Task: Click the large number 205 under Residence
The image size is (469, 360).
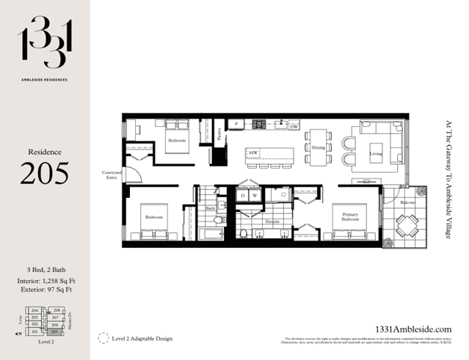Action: point(44,173)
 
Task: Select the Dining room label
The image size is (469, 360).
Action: point(318,147)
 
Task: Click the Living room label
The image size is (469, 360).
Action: point(376,154)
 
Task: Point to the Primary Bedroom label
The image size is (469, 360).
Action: point(350,217)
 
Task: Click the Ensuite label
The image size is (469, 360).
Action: point(272,220)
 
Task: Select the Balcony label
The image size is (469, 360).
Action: point(407,202)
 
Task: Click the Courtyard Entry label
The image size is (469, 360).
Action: point(112,175)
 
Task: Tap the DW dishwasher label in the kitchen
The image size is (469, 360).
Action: point(294,127)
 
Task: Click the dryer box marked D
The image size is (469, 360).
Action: point(243,196)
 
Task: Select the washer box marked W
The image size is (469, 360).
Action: point(255,196)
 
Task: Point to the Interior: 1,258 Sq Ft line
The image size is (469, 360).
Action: point(44,281)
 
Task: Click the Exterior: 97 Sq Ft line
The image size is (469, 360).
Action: point(44,290)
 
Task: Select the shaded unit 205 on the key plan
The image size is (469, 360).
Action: point(54,331)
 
